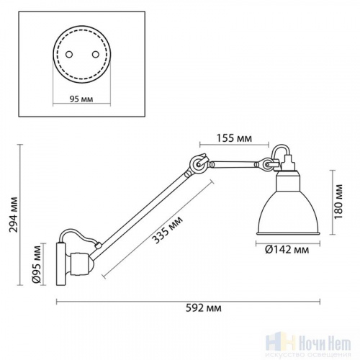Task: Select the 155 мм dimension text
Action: coord(234,138)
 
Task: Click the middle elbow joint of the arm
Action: coord(194,165)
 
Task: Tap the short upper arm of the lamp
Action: coord(235,161)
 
